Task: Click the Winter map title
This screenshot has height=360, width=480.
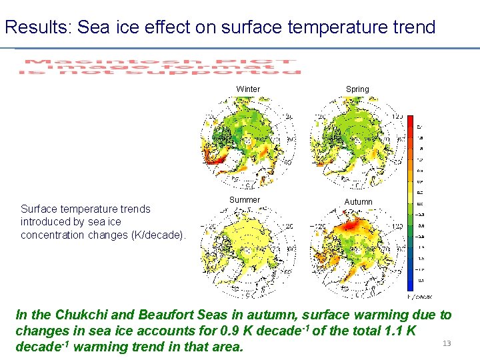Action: click(x=248, y=89)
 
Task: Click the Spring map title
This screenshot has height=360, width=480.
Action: click(x=357, y=89)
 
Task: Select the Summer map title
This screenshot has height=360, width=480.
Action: click(x=245, y=200)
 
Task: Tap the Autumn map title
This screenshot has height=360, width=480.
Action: click(x=359, y=201)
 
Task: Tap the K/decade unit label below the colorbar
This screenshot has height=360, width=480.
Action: click(x=419, y=296)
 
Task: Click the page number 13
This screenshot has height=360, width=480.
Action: click(x=447, y=343)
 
